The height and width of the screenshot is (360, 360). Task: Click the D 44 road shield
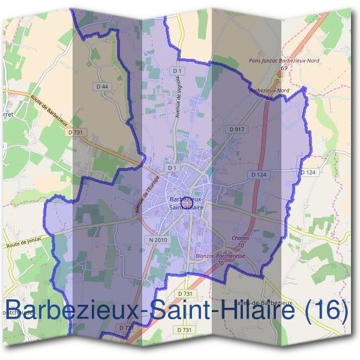coord(103,87)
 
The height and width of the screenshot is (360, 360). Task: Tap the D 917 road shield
coord(236,129)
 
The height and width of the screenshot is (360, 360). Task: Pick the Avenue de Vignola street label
coord(178,100)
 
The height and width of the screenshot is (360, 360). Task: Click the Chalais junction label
coord(240,238)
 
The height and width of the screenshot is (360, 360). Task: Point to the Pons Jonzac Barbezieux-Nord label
coord(284,61)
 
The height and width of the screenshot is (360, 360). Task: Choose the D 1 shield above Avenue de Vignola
coord(176,71)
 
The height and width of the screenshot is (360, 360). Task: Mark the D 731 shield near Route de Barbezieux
coord(76,132)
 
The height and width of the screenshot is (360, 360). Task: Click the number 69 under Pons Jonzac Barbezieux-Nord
coord(283,68)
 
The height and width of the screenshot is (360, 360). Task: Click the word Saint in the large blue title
coord(183,311)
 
